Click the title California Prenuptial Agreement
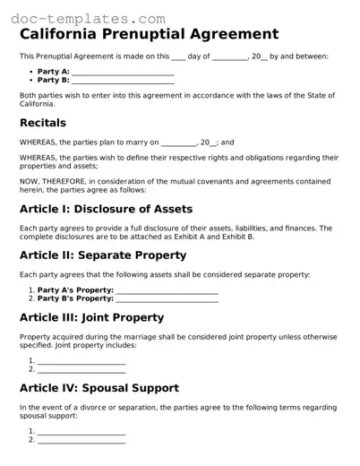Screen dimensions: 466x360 150,34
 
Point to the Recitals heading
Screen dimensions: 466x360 43,123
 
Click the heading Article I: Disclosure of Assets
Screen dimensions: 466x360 106,209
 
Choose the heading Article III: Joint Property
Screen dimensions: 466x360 91,317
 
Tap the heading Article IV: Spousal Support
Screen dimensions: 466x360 99,388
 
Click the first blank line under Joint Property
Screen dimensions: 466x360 81,361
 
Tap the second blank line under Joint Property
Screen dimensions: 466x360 81,370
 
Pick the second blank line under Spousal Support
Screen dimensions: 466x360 81,441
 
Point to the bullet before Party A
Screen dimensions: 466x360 31,72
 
